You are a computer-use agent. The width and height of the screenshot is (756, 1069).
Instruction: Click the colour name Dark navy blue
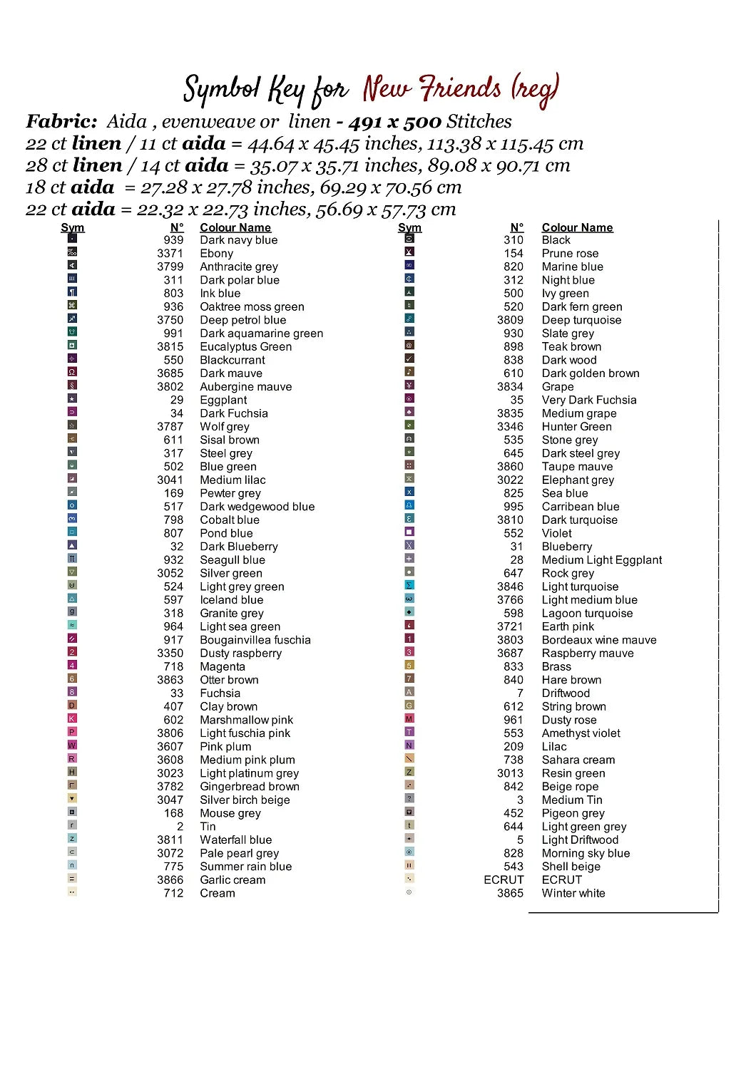pyautogui.click(x=238, y=240)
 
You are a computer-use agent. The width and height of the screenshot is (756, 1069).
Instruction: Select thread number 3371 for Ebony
pyautogui.click(x=170, y=254)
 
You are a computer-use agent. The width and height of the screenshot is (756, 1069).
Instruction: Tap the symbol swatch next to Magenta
pyautogui.click(x=72, y=666)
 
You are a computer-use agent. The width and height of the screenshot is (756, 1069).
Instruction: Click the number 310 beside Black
pyautogui.click(x=513, y=240)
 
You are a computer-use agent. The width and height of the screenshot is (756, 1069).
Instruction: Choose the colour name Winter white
pyautogui.click(x=573, y=894)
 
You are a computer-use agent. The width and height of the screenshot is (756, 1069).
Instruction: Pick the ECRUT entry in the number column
pyautogui.click(x=504, y=880)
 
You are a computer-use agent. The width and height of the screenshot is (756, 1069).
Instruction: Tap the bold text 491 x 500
pyautogui.click(x=394, y=122)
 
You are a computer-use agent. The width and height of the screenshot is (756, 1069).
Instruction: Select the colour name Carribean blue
pyautogui.click(x=580, y=507)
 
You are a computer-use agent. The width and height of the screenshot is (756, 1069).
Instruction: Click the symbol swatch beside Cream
pyautogui.click(x=72, y=892)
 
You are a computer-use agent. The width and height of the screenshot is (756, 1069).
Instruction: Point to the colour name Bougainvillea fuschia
pyautogui.click(x=255, y=640)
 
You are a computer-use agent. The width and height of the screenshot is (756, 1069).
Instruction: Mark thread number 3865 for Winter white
pyautogui.click(x=510, y=894)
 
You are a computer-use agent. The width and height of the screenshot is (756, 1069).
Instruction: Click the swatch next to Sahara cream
pyautogui.click(x=409, y=759)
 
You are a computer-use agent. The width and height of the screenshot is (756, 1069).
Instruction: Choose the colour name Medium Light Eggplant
pyautogui.click(x=601, y=560)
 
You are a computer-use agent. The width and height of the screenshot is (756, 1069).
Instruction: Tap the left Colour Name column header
pyautogui.click(x=235, y=228)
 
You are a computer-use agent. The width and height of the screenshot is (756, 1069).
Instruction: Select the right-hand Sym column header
pyautogui.click(x=409, y=228)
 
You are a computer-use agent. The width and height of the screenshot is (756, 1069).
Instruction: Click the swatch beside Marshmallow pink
pyautogui.click(x=72, y=719)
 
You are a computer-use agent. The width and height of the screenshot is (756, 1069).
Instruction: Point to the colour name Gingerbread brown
pyautogui.click(x=249, y=787)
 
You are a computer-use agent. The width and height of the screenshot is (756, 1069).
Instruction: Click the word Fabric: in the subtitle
pyautogui.click(x=61, y=122)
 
